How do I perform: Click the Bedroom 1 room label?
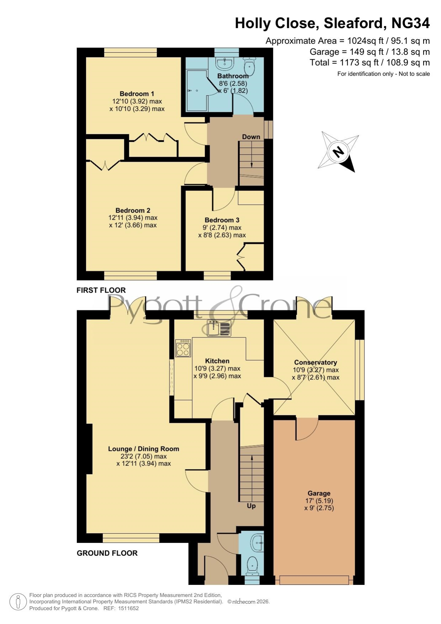(x=137, y=94)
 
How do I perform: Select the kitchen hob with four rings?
(x=183, y=348)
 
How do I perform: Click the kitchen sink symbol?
(x=219, y=328)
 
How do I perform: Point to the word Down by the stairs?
(x=251, y=137)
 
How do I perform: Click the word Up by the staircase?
(x=251, y=506)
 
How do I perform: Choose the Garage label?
(x=319, y=493)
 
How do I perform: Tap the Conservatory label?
(x=315, y=362)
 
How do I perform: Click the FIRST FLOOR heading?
(x=101, y=290)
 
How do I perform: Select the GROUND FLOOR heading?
(x=107, y=553)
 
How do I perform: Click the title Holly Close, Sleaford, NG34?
(x=333, y=23)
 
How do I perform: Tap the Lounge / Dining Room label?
(x=144, y=449)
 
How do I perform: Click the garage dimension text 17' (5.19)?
(x=319, y=501)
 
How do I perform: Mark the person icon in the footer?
(x=18, y=602)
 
